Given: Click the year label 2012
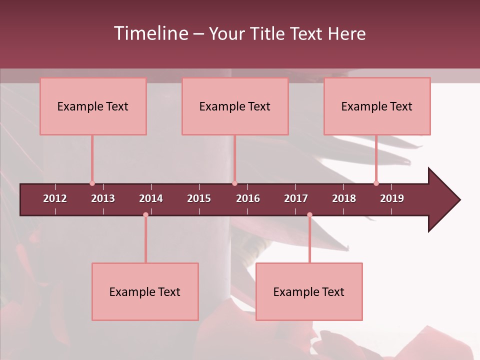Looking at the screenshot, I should click(x=55, y=198).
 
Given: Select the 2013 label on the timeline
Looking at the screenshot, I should click(x=103, y=198).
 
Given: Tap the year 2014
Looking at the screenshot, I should click(x=151, y=198).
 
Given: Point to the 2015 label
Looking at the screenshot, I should click(x=199, y=198).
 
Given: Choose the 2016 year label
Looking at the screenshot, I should click(x=248, y=198).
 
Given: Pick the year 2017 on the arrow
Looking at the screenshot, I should click(x=296, y=198).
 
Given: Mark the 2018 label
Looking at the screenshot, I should click(x=344, y=198).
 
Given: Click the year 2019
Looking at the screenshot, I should click(x=392, y=198).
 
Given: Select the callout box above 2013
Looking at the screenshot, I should click(x=93, y=106).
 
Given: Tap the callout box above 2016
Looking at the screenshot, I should click(x=235, y=106).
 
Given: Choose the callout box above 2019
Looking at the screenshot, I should click(x=377, y=106).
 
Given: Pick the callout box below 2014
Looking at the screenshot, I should click(x=145, y=291).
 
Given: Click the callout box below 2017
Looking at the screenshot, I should click(x=309, y=291).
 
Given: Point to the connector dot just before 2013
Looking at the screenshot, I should click(x=92, y=183).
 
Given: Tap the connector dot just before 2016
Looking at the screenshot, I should click(x=234, y=183).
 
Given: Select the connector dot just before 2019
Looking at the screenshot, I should click(x=376, y=183).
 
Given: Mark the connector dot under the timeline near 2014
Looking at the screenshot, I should click(x=145, y=215).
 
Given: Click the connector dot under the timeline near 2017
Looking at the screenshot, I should click(x=309, y=215).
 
